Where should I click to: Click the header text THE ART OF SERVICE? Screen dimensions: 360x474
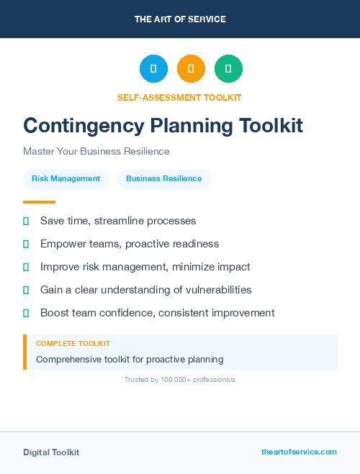coord(180,19)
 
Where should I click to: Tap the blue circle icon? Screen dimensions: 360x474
coord(153,69)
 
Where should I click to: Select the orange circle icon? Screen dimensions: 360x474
coord(191,69)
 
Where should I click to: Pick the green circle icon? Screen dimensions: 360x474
coord(228,69)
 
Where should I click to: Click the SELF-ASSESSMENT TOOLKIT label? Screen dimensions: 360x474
coord(179,97)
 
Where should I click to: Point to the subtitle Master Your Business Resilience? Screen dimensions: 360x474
coord(96,152)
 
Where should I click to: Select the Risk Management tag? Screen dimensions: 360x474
coord(66,178)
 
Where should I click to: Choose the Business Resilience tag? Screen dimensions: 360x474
coord(164,178)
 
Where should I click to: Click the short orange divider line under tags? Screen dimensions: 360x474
coord(39,202)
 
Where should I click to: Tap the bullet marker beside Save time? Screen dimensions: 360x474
coord(26,221)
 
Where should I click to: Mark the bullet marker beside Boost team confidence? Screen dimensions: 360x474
coord(26,313)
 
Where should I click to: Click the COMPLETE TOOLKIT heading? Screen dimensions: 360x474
coord(73,344)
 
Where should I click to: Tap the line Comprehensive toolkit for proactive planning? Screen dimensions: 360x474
coord(130,359)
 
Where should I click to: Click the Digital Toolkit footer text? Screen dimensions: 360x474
coord(51,452)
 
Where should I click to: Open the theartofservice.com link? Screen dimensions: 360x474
coord(299,452)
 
